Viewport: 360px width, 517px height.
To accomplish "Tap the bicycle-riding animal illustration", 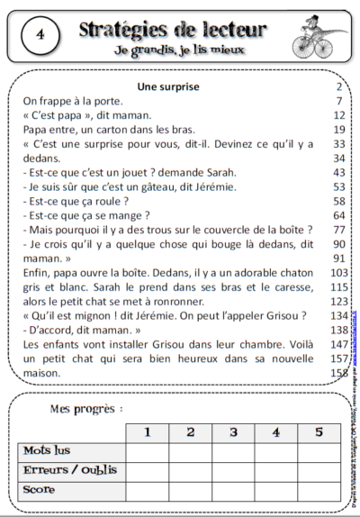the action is click(317, 40).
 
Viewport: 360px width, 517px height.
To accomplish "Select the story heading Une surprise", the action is click(167, 86).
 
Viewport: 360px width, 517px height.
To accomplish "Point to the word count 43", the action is click(339, 172).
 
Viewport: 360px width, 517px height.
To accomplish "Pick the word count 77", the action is click(339, 230).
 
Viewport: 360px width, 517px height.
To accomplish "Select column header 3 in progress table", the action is click(233, 431).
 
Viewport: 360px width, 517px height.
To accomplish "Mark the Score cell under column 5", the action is click(317, 490).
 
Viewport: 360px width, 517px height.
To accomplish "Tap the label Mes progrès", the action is click(86, 410).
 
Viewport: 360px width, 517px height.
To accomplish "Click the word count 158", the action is click(338, 374).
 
